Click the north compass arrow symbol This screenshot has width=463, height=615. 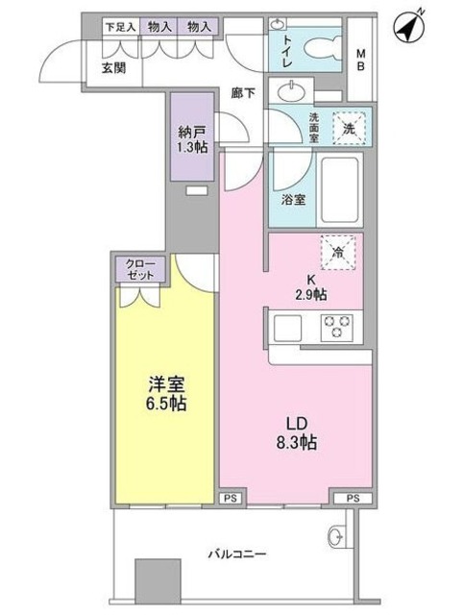tap(411, 28)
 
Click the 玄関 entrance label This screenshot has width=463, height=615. tap(114, 67)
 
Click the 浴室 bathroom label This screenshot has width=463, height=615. tap(293, 200)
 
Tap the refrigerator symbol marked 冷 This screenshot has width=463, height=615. tap(337, 251)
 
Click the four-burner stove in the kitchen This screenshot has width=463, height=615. tap(338, 327)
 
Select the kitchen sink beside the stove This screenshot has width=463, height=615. tap(288, 328)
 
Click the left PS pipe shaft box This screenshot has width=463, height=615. tap(230, 497)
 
